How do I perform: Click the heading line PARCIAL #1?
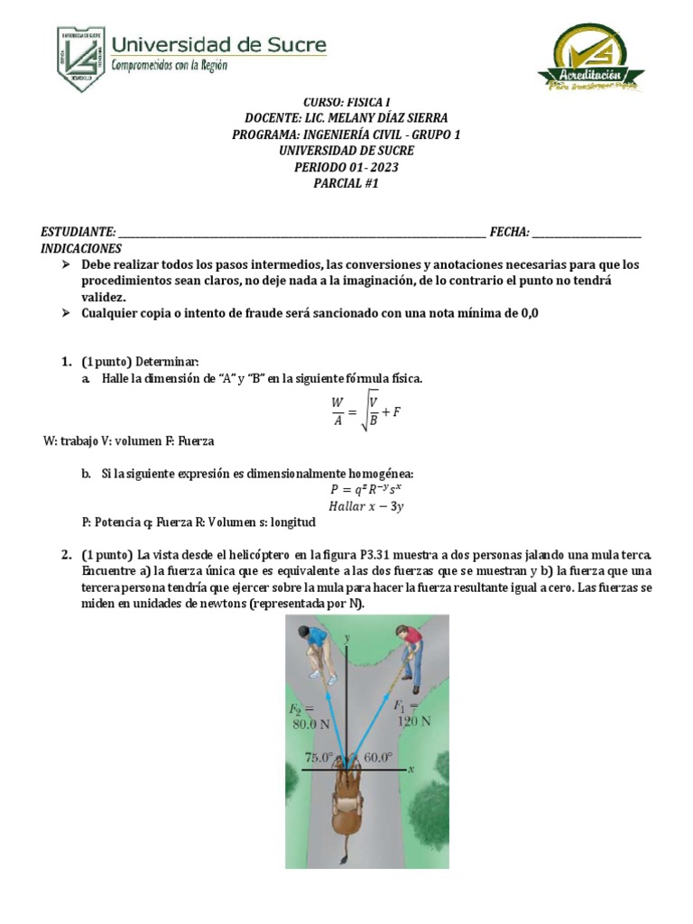(347, 183)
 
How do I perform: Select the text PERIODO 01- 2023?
(347, 167)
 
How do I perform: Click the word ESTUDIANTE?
(78, 232)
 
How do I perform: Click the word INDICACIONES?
(81, 248)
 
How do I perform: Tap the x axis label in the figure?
(411, 769)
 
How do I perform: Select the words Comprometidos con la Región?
(169, 65)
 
